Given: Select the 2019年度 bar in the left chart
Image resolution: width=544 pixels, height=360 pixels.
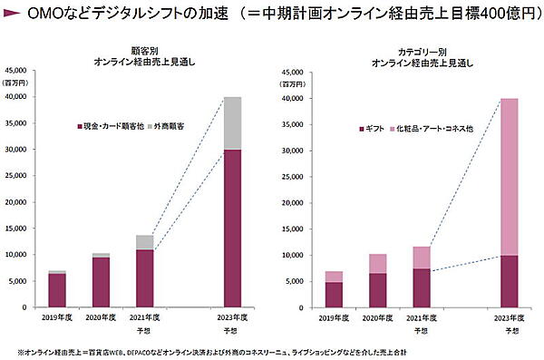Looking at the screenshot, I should [x=57, y=290].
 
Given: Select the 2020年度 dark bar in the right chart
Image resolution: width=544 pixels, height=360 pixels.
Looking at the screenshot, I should [x=376, y=290].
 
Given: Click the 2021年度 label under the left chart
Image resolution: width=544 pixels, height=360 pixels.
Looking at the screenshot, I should [x=145, y=316].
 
